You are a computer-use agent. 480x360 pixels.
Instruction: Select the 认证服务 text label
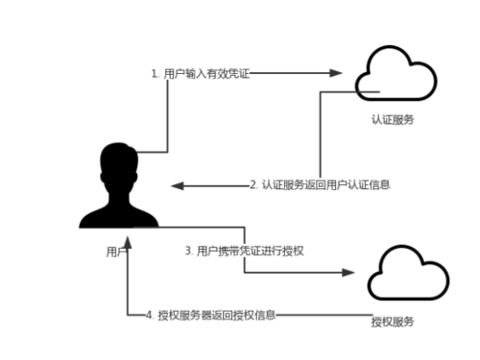[393, 122]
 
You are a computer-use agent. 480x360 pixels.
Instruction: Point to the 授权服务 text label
[392, 322]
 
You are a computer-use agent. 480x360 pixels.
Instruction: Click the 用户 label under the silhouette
[116, 252]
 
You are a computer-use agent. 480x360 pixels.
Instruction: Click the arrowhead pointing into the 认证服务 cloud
[336, 73]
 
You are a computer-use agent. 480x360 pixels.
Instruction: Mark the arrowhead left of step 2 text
[177, 184]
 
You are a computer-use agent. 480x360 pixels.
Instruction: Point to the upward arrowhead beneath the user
[126, 238]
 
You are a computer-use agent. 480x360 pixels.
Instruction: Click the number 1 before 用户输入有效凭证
[154, 73]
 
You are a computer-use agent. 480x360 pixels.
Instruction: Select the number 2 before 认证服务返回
[253, 184]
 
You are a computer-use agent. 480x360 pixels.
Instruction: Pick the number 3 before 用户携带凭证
[188, 250]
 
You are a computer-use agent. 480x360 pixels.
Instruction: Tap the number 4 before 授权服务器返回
[149, 315]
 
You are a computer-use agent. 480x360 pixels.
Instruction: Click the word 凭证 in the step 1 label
[239, 73]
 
